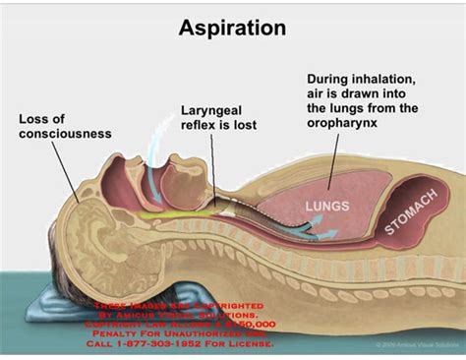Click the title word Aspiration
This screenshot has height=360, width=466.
point(232,27)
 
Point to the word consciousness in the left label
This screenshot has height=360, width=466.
point(64,134)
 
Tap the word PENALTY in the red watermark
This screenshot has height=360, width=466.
point(123,333)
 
